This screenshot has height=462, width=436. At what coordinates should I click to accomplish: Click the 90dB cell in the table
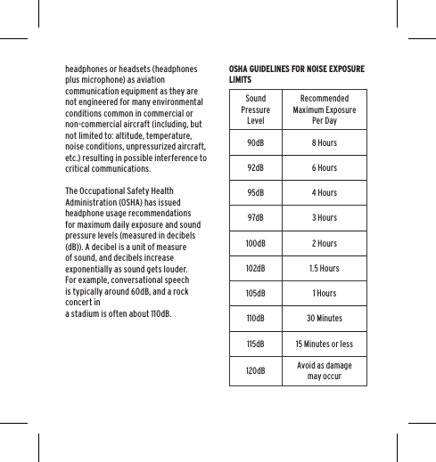click(256, 142)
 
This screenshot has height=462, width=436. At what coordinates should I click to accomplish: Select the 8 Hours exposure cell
click(324, 142)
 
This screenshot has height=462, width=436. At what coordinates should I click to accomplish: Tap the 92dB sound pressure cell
click(256, 167)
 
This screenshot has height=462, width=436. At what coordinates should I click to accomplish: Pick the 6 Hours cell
click(324, 167)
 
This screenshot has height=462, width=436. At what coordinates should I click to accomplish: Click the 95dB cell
click(256, 192)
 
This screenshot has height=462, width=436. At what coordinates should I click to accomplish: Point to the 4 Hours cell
click(324, 192)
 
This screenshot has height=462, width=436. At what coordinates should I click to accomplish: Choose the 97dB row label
click(256, 217)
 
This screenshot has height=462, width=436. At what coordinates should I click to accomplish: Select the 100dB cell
click(256, 243)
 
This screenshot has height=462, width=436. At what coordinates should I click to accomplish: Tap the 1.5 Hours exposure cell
click(324, 268)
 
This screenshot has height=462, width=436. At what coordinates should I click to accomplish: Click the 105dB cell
click(256, 293)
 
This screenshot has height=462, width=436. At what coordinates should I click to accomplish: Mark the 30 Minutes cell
click(324, 318)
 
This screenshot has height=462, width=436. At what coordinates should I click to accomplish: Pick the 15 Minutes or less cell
click(324, 343)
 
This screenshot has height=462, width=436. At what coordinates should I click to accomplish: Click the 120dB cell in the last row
click(256, 370)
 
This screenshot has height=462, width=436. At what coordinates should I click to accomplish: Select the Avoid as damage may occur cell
click(324, 370)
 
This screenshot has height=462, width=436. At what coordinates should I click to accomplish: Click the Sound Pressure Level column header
click(256, 109)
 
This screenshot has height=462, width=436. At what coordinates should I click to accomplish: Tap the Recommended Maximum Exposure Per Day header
click(324, 109)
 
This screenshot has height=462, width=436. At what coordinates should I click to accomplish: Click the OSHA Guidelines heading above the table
click(295, 73)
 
